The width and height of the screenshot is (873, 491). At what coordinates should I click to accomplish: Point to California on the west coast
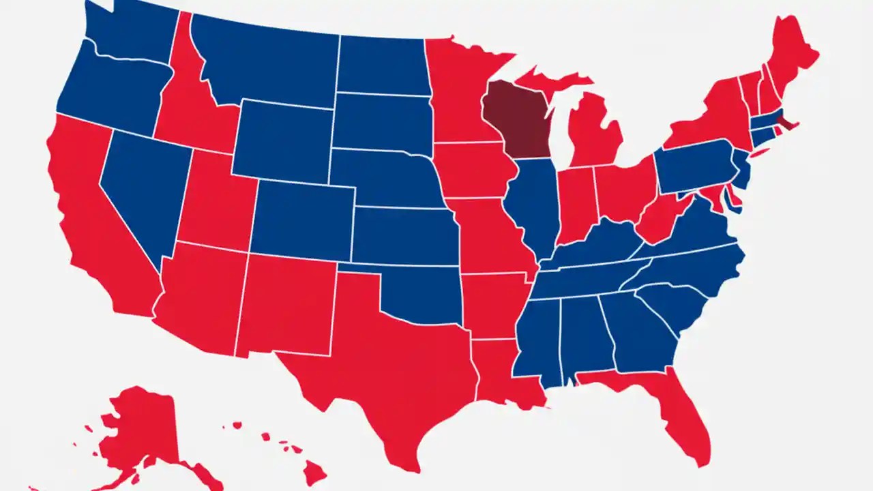pos(89,205)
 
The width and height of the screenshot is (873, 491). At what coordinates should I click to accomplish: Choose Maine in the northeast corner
pos(791,51)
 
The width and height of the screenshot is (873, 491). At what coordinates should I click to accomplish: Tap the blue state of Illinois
pos(532,205)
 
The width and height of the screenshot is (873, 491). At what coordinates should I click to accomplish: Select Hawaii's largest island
pos(314,471)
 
